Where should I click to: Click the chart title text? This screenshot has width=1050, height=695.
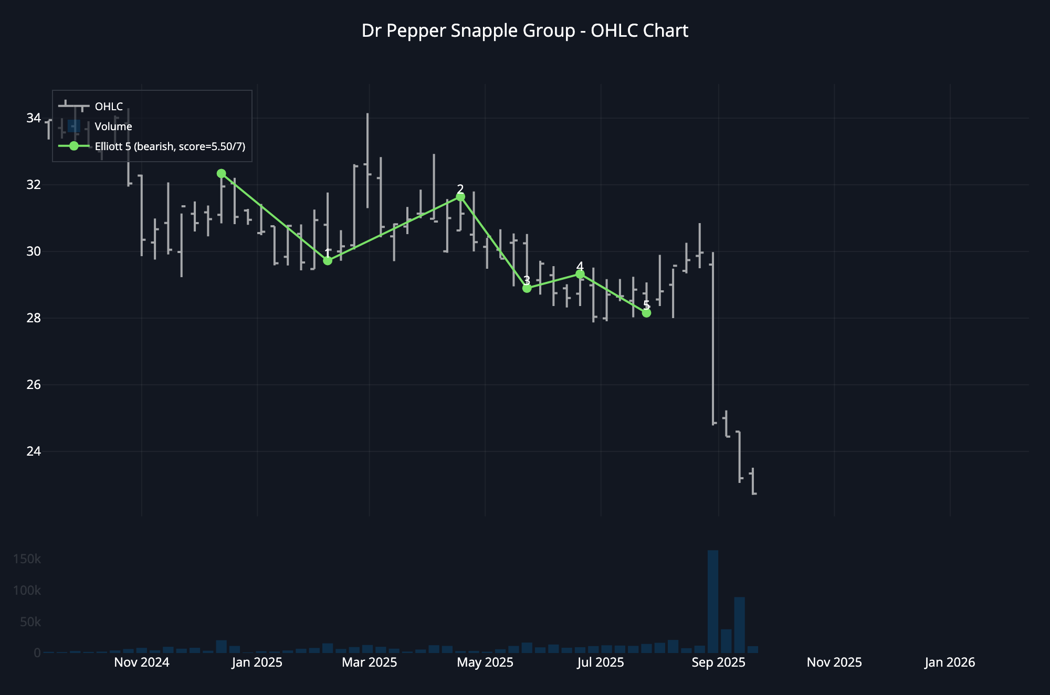[524, 31]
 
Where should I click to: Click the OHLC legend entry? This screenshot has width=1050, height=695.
[109, 107]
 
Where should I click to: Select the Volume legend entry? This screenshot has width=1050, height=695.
[113, 127]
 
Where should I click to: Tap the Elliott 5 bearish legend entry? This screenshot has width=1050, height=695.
[170, 146]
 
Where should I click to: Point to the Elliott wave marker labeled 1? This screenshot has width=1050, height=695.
[328, 260]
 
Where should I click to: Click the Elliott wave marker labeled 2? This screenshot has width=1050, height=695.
[460, 197]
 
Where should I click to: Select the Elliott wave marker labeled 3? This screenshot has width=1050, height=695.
[527, 288]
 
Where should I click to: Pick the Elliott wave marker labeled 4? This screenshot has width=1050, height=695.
[580, 274]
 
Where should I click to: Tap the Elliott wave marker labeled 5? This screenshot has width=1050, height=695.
[646, 313]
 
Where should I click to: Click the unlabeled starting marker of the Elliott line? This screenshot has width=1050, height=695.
[221, 173]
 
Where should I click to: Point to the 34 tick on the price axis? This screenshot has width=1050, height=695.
[33, 118]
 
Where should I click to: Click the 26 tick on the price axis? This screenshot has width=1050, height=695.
[33, 385]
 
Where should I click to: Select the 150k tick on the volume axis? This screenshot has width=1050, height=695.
[27, 559]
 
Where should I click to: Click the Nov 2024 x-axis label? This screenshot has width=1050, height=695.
[142, 662]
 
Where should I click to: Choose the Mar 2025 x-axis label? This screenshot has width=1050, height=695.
[370, 662]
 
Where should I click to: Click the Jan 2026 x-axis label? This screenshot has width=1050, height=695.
[950, 662]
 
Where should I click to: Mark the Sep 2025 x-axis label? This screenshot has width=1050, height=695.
[718, 662]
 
